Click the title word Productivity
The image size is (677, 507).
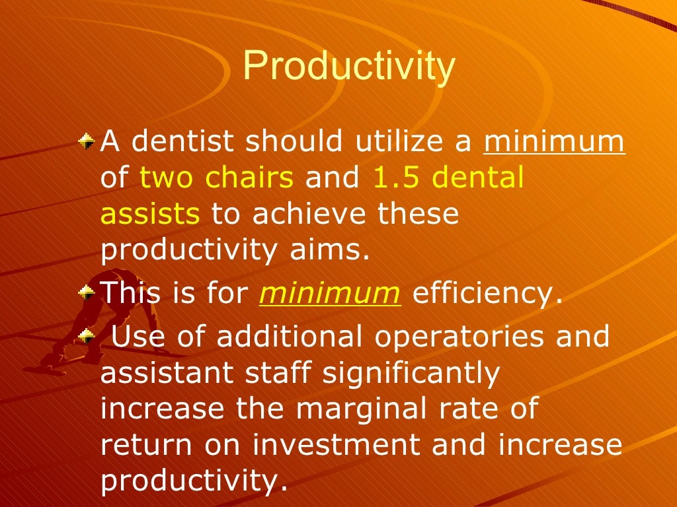348,67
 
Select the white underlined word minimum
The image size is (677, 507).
554,141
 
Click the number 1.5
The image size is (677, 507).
395,178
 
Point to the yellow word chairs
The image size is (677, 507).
254,178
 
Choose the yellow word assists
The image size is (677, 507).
150,215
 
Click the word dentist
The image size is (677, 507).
174,141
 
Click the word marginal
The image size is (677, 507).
362,409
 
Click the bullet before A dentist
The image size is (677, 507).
85,141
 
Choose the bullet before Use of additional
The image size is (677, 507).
85,336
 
